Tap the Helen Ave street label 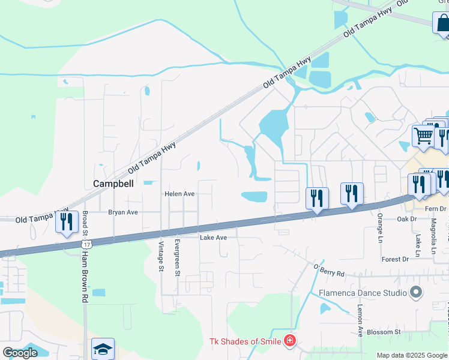click(x=180, y=194)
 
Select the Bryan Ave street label click(x=123, y=212)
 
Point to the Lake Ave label click(x=213, y=238)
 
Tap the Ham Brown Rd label click(x=85, y=276)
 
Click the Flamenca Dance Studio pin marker click(x=415, y=293)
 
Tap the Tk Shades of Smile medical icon click(x=290, y=341)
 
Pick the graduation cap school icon click(x=103, y=349)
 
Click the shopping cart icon click(x=423, y=137)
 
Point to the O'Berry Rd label click(x=329, y=270)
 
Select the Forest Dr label click(x=395, y=259)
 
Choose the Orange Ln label click(x=380, y=223)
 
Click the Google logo click(x=20, y=353)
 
